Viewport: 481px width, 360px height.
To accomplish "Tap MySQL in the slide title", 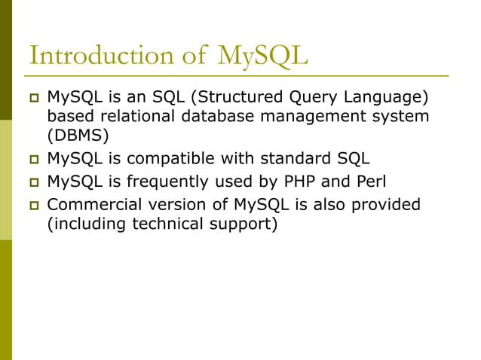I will pos(262,56).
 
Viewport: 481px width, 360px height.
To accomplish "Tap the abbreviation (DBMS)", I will pos(78,136).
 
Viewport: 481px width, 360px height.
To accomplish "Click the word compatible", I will pos(171,159).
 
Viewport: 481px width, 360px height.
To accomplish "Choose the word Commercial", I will pos(92,204).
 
